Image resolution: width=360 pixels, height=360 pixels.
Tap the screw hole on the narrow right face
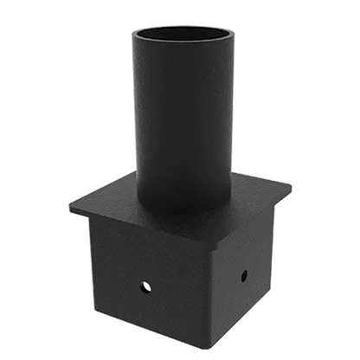tap(243, 275)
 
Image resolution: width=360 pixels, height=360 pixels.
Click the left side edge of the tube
tap(131, 121)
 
